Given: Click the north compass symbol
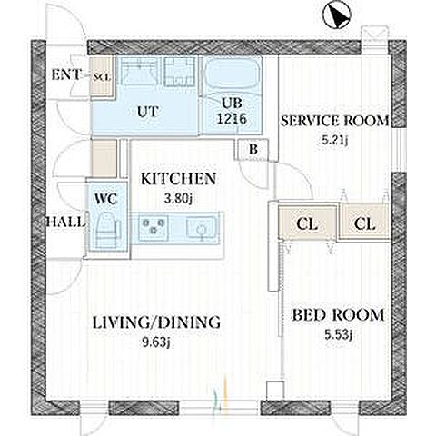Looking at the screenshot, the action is coord(336,15).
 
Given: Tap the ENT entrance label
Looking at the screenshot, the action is coord(66,75).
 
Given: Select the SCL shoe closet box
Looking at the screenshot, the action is coord(103,77).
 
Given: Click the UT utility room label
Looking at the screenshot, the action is coord(148,112).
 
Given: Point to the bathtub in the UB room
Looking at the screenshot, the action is coord(232,74).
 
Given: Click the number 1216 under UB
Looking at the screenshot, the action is coord(233,119).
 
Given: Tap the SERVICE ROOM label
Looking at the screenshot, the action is coord(334,121).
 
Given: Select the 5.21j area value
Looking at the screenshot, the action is coord(335,140).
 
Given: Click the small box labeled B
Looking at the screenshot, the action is coord(253,150).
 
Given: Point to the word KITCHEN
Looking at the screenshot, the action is coord(179,179).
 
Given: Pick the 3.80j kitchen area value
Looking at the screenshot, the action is coord(178,199).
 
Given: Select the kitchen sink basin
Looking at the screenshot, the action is coord(201,228).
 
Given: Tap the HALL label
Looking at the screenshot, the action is coord(64,223).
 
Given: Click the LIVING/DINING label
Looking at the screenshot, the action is coord(156,322).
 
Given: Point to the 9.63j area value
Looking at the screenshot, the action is coord(156,342).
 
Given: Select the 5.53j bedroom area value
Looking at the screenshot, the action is coord(338,335).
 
